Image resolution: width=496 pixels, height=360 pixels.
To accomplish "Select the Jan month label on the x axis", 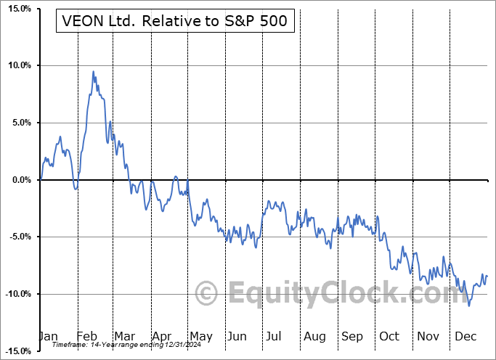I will [47, 337].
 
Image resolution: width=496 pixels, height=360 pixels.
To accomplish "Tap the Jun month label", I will [237, 337].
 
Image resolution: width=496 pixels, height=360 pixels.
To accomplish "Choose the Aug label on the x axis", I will [314, 337].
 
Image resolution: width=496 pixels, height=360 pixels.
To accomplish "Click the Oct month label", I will [389, 337].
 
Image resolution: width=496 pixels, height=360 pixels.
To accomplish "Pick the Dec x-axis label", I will [465, 337].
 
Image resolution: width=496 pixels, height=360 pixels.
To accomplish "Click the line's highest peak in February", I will [93, 71].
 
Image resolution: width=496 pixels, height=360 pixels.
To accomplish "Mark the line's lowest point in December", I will [469, 306].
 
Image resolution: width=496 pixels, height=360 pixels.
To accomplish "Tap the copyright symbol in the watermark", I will [207, 294].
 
